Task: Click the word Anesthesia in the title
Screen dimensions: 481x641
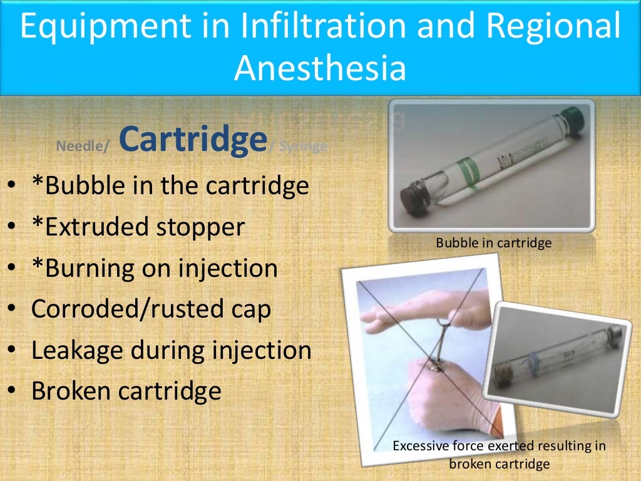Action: [320, 69]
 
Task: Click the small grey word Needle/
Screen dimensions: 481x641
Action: [83, 147]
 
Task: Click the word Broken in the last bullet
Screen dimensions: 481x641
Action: [72, 390]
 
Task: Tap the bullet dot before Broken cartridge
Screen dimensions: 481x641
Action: [13, 391]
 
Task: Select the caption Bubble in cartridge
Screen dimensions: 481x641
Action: [494, 242]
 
